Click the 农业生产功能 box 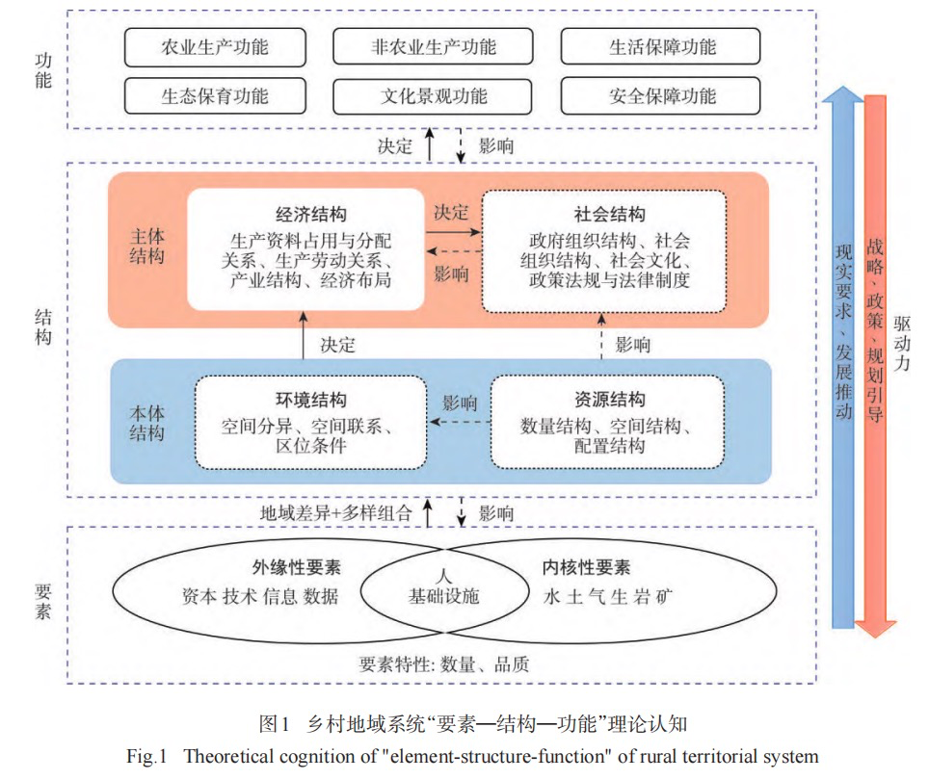pyautogui.click(x=214, y=47)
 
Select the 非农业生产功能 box pyautogui.click(x=434, y=47)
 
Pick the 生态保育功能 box pyautogui.click(x=214, y=96)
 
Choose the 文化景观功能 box pyautogui.click(x=434, y=96)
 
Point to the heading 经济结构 pyautogui.click(x=305, y=214)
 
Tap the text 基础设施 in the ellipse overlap pyautogui.click(x=443, y=596)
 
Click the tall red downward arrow pyautogui.click(x=876, y=366)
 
